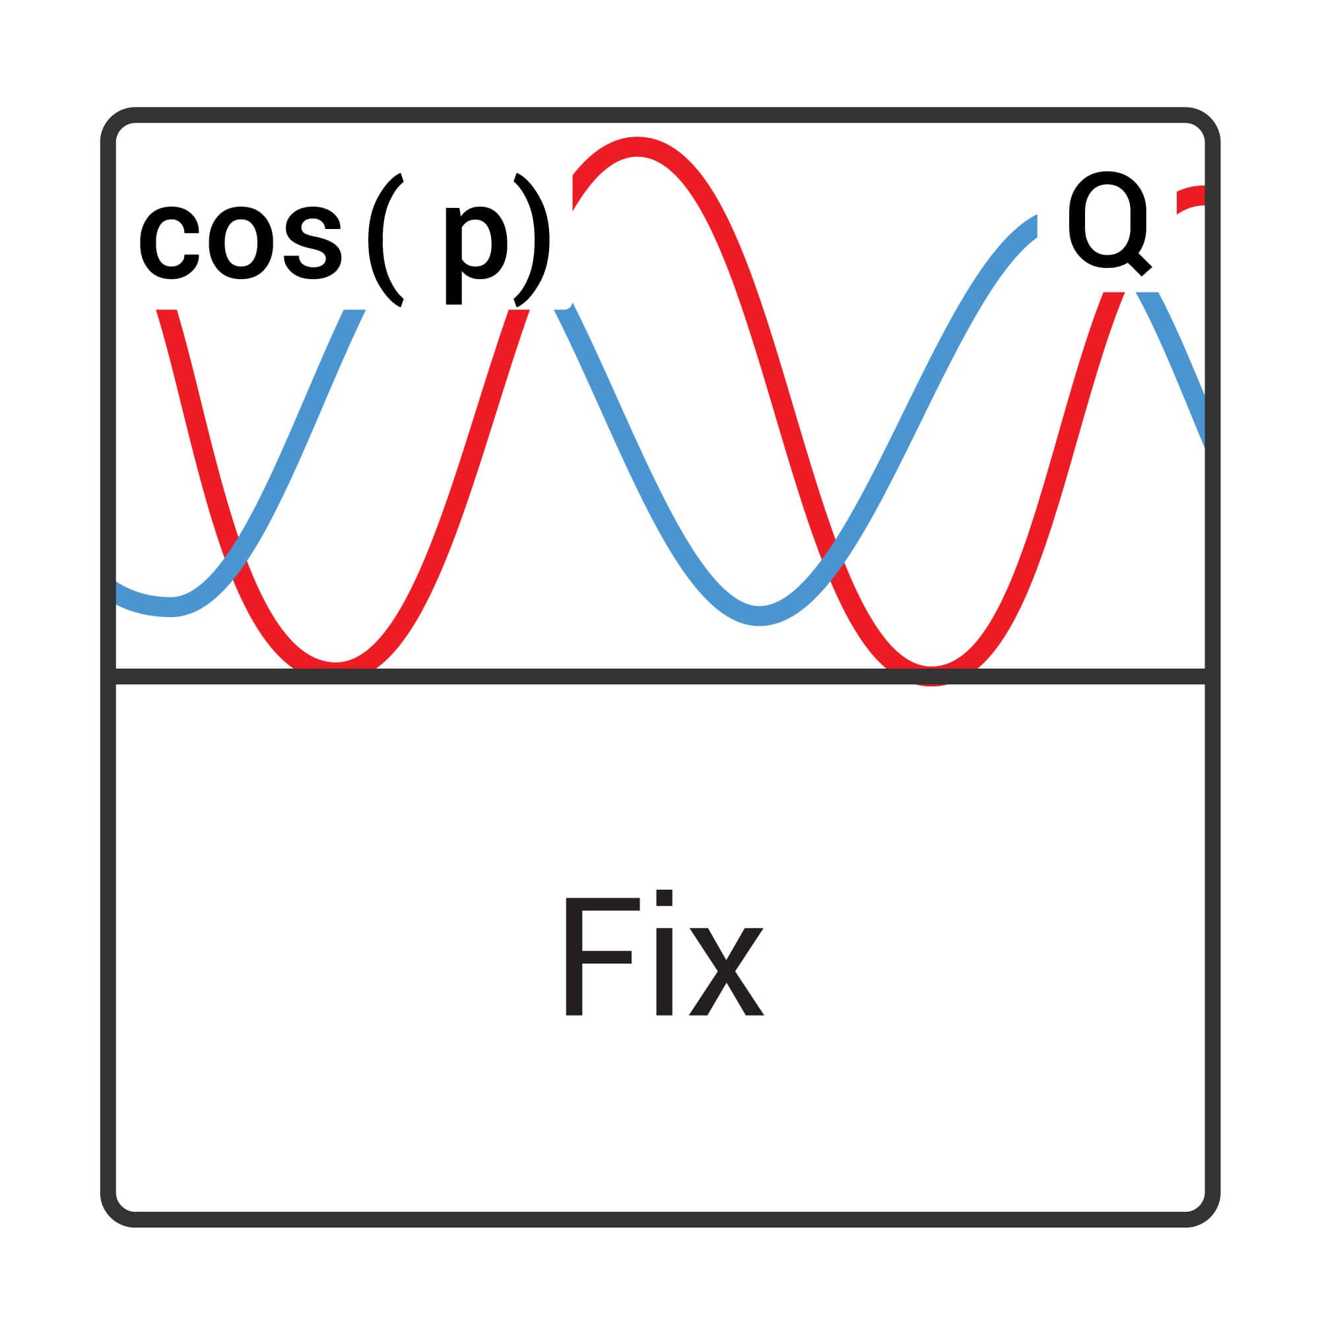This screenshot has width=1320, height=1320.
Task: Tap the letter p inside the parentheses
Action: click(477, 254)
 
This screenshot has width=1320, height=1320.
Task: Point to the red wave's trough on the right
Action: click(931, 674)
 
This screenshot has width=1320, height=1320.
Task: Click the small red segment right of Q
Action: click(1190, 198)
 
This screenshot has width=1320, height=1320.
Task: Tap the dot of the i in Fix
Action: click(664, 897)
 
